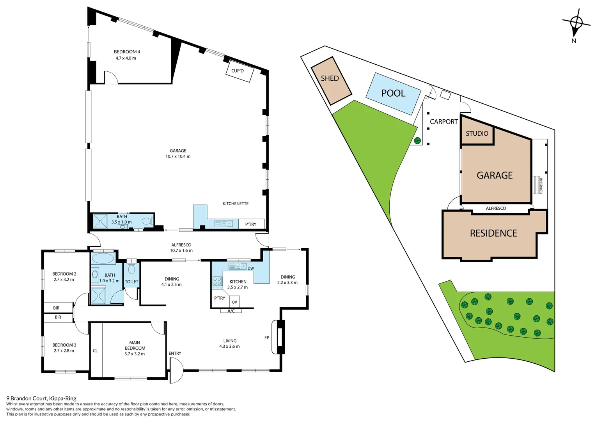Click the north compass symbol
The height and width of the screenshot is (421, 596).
coord(576,23)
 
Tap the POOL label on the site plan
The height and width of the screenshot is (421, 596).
coord(393,93)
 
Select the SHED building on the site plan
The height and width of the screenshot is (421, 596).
coord(331,81)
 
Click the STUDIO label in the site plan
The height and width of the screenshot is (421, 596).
coord(477,134)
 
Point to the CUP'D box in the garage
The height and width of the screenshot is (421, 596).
coord(239,71)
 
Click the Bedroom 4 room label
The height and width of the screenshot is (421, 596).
coord(127,51)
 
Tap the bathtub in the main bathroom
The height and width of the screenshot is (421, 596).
coord(103,258)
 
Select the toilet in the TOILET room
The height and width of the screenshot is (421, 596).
coord(131,269)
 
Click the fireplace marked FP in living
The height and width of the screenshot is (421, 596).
coord(279,337)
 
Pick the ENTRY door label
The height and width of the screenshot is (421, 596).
coord(175,353)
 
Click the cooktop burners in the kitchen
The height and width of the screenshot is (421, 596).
coord(217,281)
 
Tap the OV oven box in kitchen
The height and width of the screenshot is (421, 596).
coord(234,302)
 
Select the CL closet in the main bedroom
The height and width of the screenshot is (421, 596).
coord(95,350)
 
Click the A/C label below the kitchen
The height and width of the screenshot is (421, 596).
coord(231,311)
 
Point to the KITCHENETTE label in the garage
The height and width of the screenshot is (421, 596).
coord(235,203)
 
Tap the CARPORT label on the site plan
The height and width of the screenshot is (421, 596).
coord(443,122)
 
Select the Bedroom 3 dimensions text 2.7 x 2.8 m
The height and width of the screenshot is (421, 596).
coord(64,350)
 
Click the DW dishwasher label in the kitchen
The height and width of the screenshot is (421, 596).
coord(250,268)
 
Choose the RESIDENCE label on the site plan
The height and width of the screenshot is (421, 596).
coord(493,233)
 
